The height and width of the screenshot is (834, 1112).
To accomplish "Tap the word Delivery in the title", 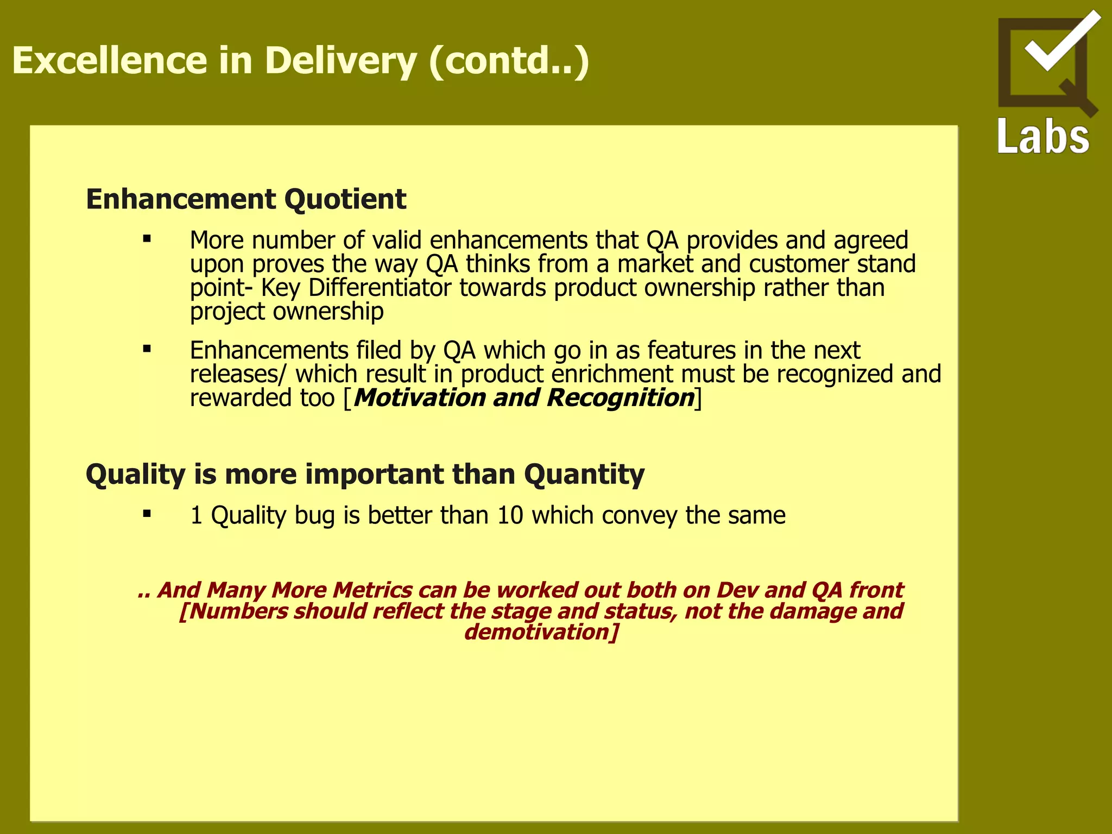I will [340, 61].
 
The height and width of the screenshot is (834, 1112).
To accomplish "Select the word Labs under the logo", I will [1043, 136].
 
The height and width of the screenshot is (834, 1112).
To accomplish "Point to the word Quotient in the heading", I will [345, 199].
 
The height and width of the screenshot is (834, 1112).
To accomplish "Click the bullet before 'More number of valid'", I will [147, 238].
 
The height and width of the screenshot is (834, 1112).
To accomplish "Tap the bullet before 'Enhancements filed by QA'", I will [147, 349].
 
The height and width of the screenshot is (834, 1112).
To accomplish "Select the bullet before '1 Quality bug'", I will [147, 514].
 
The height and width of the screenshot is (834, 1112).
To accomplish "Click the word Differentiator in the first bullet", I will [380, 288].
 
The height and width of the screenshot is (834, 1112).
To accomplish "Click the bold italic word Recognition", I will [621, 397].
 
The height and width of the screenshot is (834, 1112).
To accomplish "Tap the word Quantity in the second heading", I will [584, 475].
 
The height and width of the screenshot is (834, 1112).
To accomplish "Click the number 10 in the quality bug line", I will [510, 515].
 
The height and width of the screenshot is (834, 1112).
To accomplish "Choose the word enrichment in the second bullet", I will [612, 374].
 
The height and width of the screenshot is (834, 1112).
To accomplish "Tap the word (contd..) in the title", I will [509, 61].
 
